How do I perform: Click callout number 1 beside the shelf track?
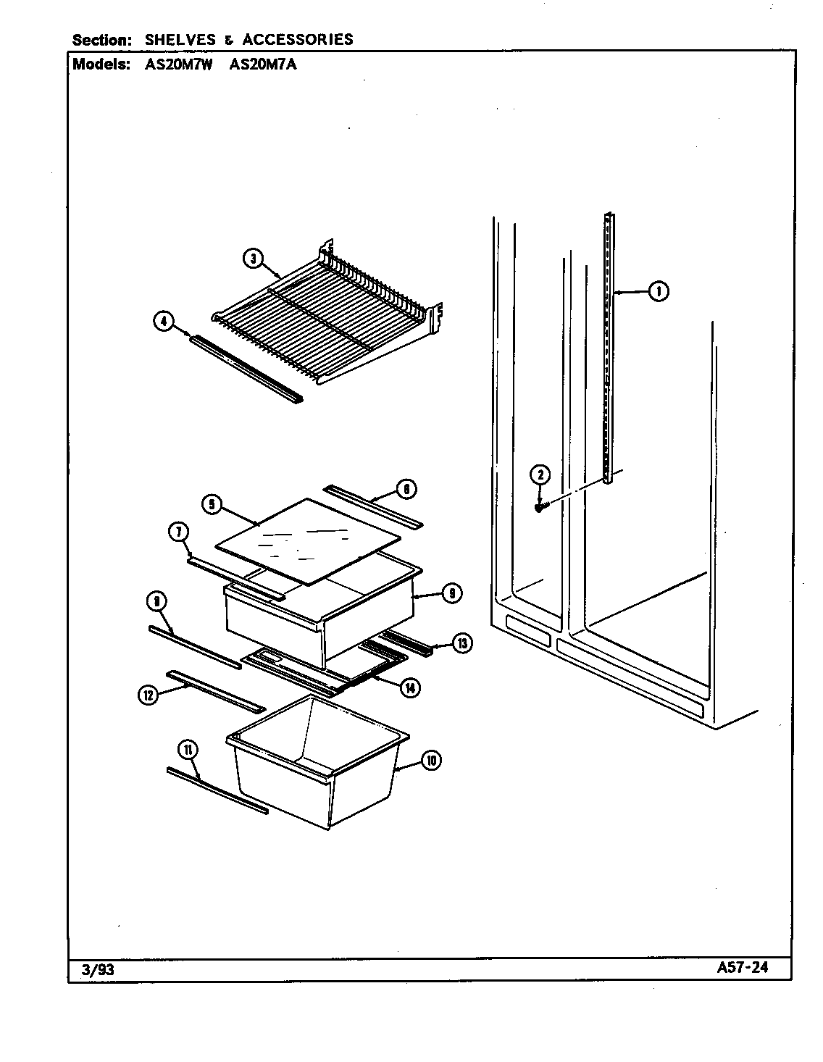pos(658,292)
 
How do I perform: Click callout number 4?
pos(164,321)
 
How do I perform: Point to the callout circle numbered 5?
pos(211,504)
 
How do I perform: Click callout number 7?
pos(178,532)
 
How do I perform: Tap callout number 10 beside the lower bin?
pos(431,760)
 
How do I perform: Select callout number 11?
pos(188,750)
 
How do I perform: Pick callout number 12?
pos(149,695)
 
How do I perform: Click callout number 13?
pos(461,642)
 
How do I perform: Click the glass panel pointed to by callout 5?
pos(308,540)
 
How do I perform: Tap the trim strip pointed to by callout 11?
pos(217,791)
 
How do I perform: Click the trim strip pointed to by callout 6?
pos(373,506)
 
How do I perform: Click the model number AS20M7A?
pos(262,64)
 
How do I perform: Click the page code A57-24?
pos(743,969)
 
